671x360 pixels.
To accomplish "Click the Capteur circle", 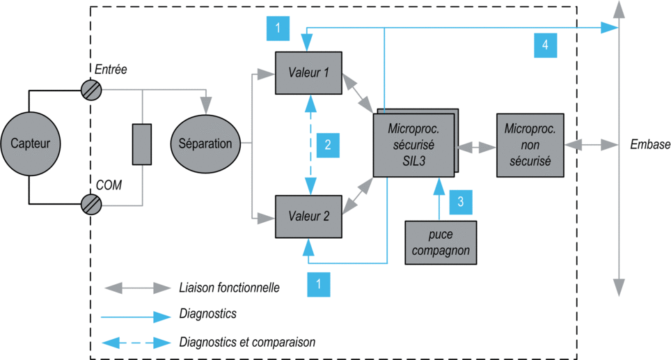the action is click(31, 143).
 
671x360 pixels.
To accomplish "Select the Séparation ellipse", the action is click(205, 144).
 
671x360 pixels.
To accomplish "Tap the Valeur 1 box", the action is click(308, 73).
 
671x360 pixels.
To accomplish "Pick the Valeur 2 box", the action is click(308, 217).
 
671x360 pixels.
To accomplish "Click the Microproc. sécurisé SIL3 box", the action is click(414, 145).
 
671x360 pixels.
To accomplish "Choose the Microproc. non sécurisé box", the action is click(530, 145).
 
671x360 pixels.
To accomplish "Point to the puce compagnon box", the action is click(441, 243).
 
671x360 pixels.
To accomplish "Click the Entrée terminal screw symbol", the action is click(91, 91).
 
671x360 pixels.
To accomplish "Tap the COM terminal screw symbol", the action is click(91, 205).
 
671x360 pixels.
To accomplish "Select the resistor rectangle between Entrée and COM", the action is click(141, 144).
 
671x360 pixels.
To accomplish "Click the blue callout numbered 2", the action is click(328, 145).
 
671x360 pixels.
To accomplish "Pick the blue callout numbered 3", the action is click(461, 202).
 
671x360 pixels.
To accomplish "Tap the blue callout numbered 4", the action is click(545, 45).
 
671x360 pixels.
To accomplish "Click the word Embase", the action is click(650, 145).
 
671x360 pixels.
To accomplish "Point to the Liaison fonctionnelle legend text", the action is click(230, 288).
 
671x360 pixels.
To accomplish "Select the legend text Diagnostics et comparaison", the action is click(247, 342).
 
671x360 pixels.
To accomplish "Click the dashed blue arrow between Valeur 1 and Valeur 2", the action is click(310, 145).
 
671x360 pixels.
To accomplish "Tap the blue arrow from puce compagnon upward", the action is click(439, 199).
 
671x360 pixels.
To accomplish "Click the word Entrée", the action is click(111, 70).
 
